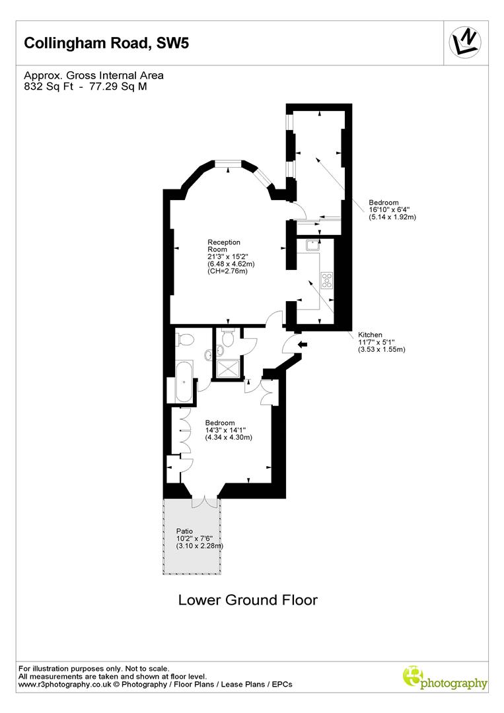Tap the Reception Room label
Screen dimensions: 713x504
[224, 246]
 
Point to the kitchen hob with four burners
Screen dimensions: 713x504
[326, 280]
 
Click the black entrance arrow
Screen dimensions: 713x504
[303, 345]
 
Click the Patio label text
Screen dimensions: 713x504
[184, 531]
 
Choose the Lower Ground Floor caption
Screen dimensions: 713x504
[248, 600]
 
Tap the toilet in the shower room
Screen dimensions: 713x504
[228, 339]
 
